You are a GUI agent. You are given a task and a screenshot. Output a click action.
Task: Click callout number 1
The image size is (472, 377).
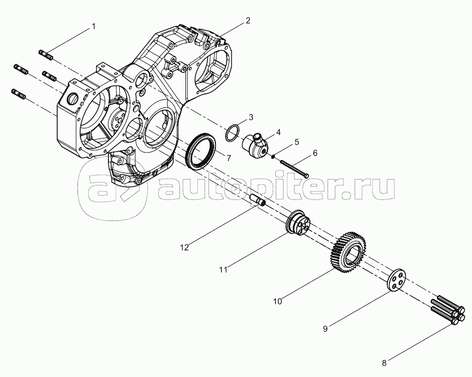[x=94, y=27]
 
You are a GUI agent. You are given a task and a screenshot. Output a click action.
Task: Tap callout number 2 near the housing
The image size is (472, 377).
[x=248, y=20]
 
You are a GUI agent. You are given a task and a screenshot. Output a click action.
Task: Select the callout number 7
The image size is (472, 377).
[x=229, y=158]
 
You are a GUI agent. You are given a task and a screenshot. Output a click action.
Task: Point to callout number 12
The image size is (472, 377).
[x=184, y=248]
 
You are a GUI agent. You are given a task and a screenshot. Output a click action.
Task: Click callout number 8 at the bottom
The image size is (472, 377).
[x=384, y=363]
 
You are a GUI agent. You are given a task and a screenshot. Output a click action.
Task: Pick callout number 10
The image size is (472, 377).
[x=278, y=301]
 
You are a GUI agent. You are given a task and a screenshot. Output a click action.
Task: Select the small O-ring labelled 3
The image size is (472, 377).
[x=233, y=133]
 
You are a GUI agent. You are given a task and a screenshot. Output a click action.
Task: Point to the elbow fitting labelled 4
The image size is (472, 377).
[x=254, y=145]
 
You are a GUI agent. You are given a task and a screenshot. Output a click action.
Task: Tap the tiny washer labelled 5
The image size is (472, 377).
[x=272, y=156]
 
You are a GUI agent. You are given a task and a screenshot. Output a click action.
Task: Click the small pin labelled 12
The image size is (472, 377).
[x=258, y=200]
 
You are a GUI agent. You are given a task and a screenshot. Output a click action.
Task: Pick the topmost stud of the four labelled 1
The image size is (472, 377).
[x=46, y=55]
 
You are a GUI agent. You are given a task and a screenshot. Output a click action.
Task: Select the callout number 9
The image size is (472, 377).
[x=325, y=329]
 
